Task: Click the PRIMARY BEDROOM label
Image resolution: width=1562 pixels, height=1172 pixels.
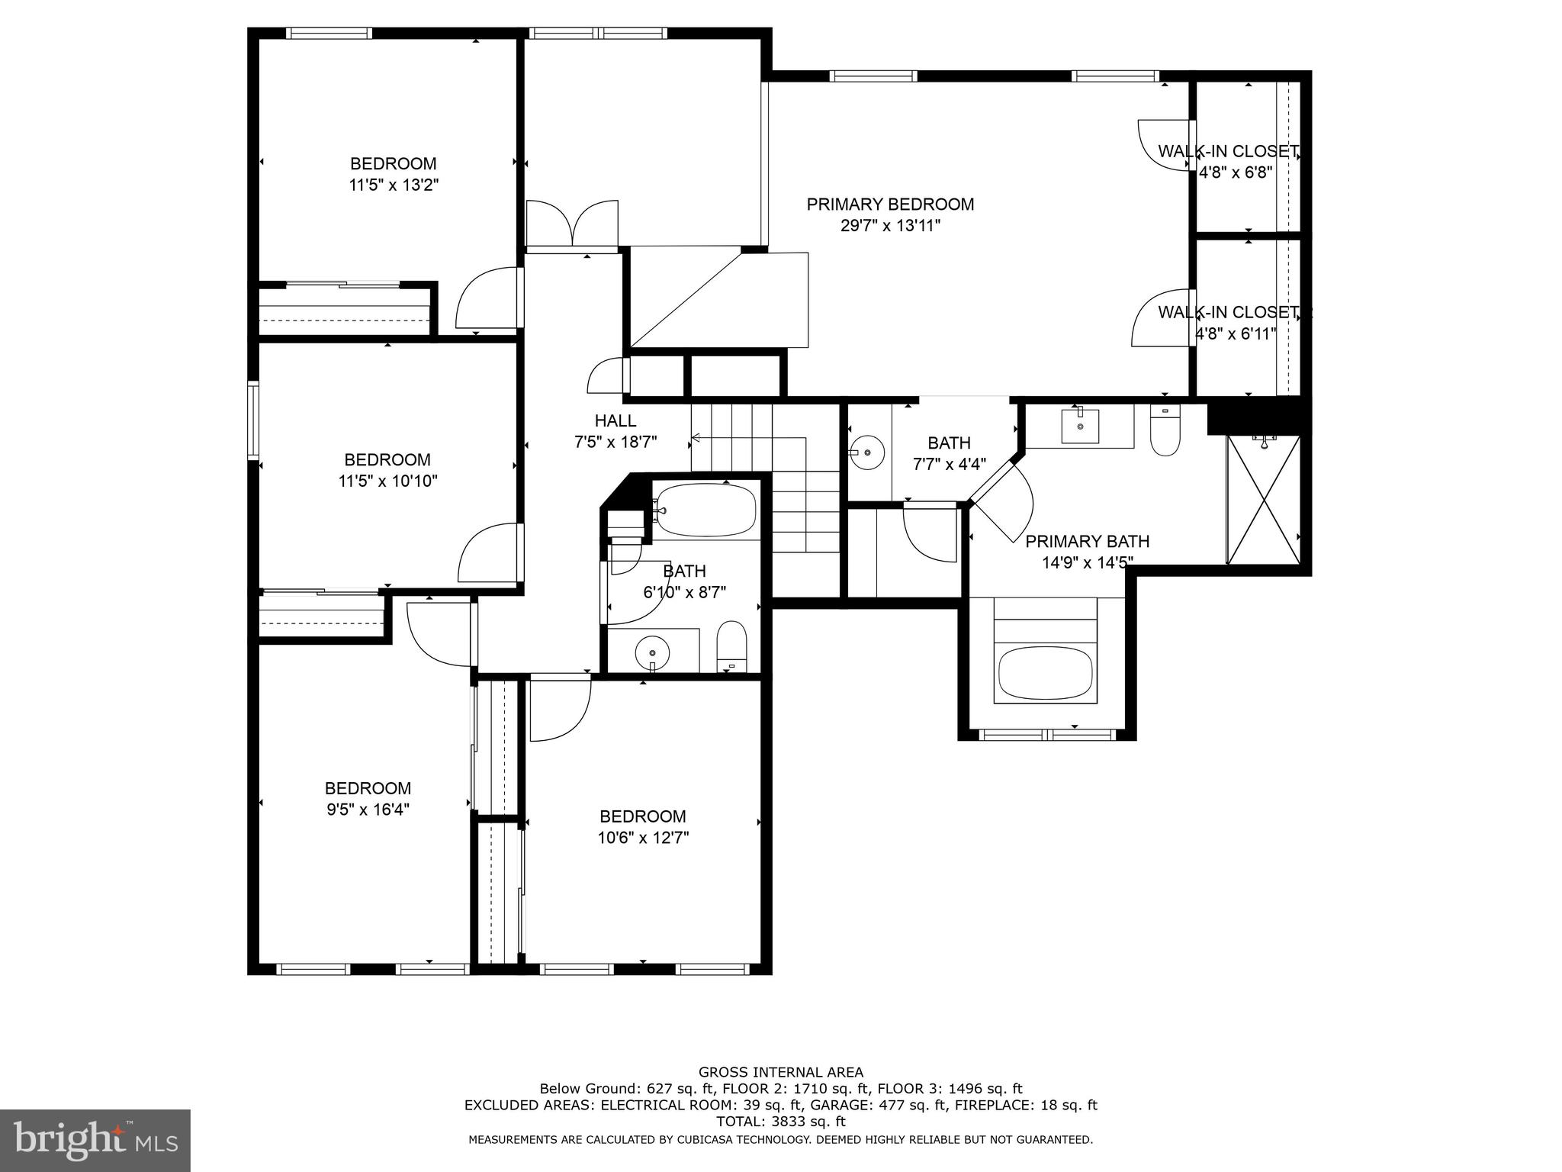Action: (890, 204)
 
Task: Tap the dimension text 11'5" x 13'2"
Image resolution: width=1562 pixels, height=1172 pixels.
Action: (394, 185)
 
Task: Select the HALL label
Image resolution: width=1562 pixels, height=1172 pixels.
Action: (615, 420)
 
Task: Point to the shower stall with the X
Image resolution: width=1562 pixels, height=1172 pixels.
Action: (1263, 499)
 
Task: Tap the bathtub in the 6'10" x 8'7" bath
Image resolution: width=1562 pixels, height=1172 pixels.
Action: (706, 510)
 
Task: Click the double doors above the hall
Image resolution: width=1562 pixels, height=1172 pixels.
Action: (572, 224)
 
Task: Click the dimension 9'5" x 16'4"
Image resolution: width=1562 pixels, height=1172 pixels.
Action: (368, 810)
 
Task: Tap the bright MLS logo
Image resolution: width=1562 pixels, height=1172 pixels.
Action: (95, 1141)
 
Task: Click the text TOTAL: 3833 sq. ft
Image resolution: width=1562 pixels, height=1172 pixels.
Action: (780, 1122)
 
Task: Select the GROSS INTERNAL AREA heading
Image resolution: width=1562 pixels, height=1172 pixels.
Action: (780, 1072)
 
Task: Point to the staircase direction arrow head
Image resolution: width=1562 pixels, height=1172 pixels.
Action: (696, 438)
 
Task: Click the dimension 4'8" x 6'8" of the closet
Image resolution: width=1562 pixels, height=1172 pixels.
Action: (1236, 172)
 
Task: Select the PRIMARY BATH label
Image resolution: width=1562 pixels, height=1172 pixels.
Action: (1087, 542)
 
